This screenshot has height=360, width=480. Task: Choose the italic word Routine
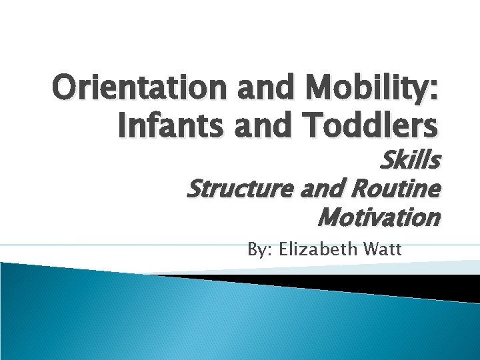[x=397, y=190]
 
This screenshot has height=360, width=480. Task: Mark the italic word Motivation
[x=379, y=217]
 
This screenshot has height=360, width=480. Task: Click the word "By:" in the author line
[x=260, y=251]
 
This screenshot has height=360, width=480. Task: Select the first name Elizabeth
[x=318, y=250]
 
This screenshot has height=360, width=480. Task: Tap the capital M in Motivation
[x=330, y=217]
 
